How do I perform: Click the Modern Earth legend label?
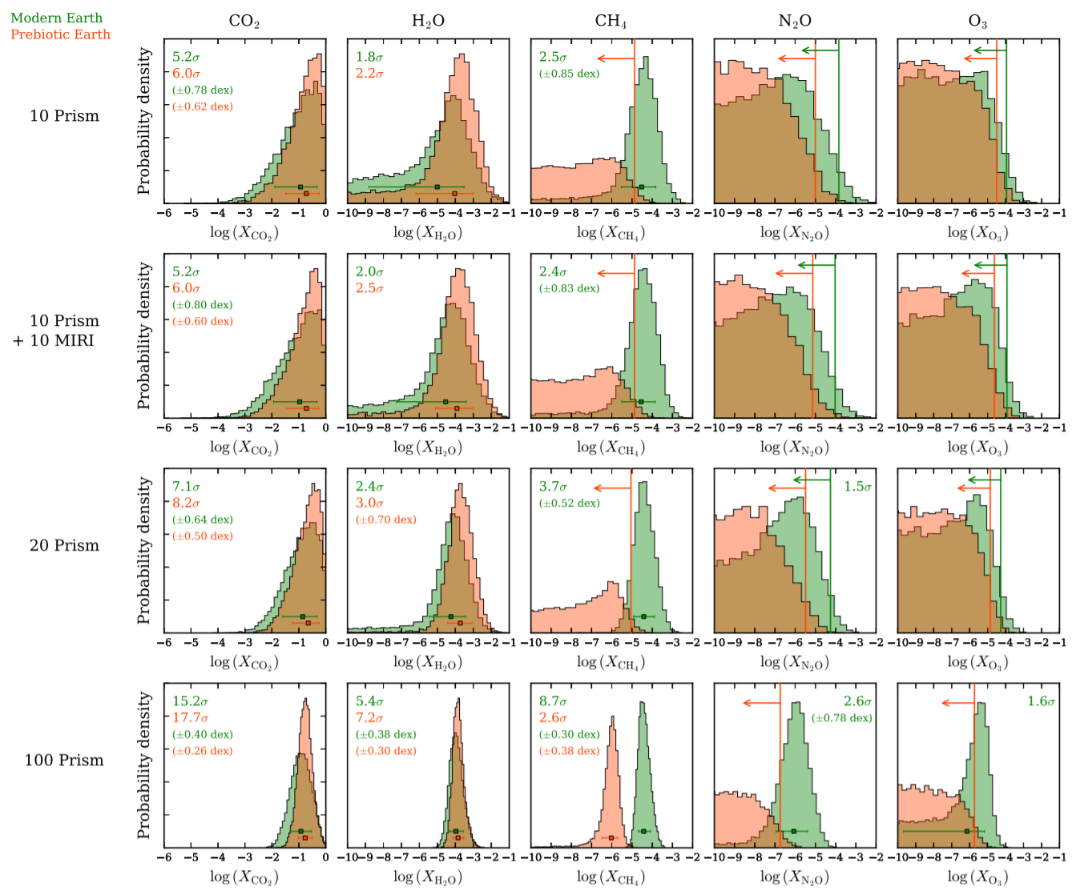[56, 18]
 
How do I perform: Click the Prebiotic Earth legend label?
[60, 34]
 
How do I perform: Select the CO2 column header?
[244, 21]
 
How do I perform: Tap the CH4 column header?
[611, 21]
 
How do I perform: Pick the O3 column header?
[977, 21]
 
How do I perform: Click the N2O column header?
[794, 21]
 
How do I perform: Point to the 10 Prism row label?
[64, 116]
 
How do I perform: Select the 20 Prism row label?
[64, 546]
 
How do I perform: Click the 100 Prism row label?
[64, 761]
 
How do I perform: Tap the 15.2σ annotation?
[190, 701]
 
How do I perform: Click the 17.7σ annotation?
[190, 718]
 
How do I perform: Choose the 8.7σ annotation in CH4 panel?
[553, 701]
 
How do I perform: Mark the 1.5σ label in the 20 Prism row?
[857, 487]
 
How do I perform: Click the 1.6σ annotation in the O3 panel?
[1041, 701]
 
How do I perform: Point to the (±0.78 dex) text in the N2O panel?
[841, 718]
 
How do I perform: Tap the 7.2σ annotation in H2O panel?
[369, 718]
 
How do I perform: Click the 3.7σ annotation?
[553, 487]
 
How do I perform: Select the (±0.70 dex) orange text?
[386, 520]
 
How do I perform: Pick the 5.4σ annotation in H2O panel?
[369, 701]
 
